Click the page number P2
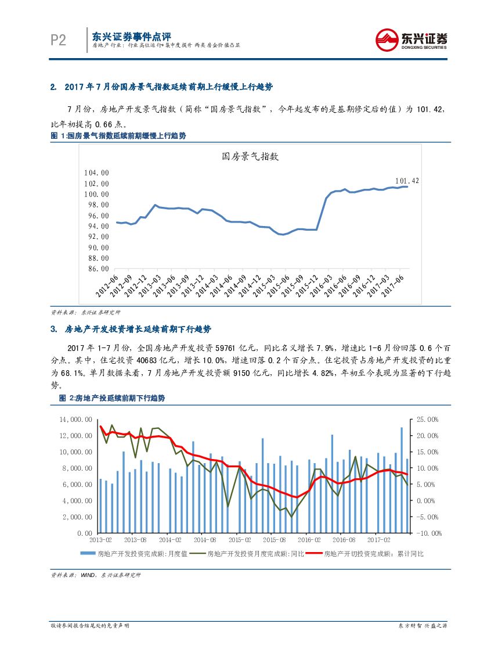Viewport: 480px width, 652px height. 58,40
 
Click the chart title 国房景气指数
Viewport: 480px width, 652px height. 251,156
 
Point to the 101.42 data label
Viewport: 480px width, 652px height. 407,181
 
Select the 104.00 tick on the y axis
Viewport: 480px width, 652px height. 96,173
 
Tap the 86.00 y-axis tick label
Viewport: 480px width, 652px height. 96,269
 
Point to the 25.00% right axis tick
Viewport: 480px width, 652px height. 428,419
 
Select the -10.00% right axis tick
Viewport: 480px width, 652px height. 428,533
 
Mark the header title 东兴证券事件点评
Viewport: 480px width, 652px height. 132,34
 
